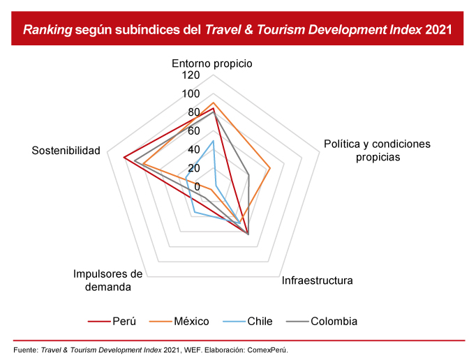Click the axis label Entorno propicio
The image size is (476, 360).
point(212,63)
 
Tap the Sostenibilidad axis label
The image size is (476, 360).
point(66,151)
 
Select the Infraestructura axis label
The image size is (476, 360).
point(318,281)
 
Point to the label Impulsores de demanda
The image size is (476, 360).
point(107,280)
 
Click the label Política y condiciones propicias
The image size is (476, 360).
point(378,151)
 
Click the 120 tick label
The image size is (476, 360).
point(191,75)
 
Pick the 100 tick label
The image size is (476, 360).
point(191,94)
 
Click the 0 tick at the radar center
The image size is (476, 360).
point(197,186)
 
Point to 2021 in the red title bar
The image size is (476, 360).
point(437,30)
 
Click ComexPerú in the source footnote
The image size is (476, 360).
point(268,350)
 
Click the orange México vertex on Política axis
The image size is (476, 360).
point(270,168)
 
